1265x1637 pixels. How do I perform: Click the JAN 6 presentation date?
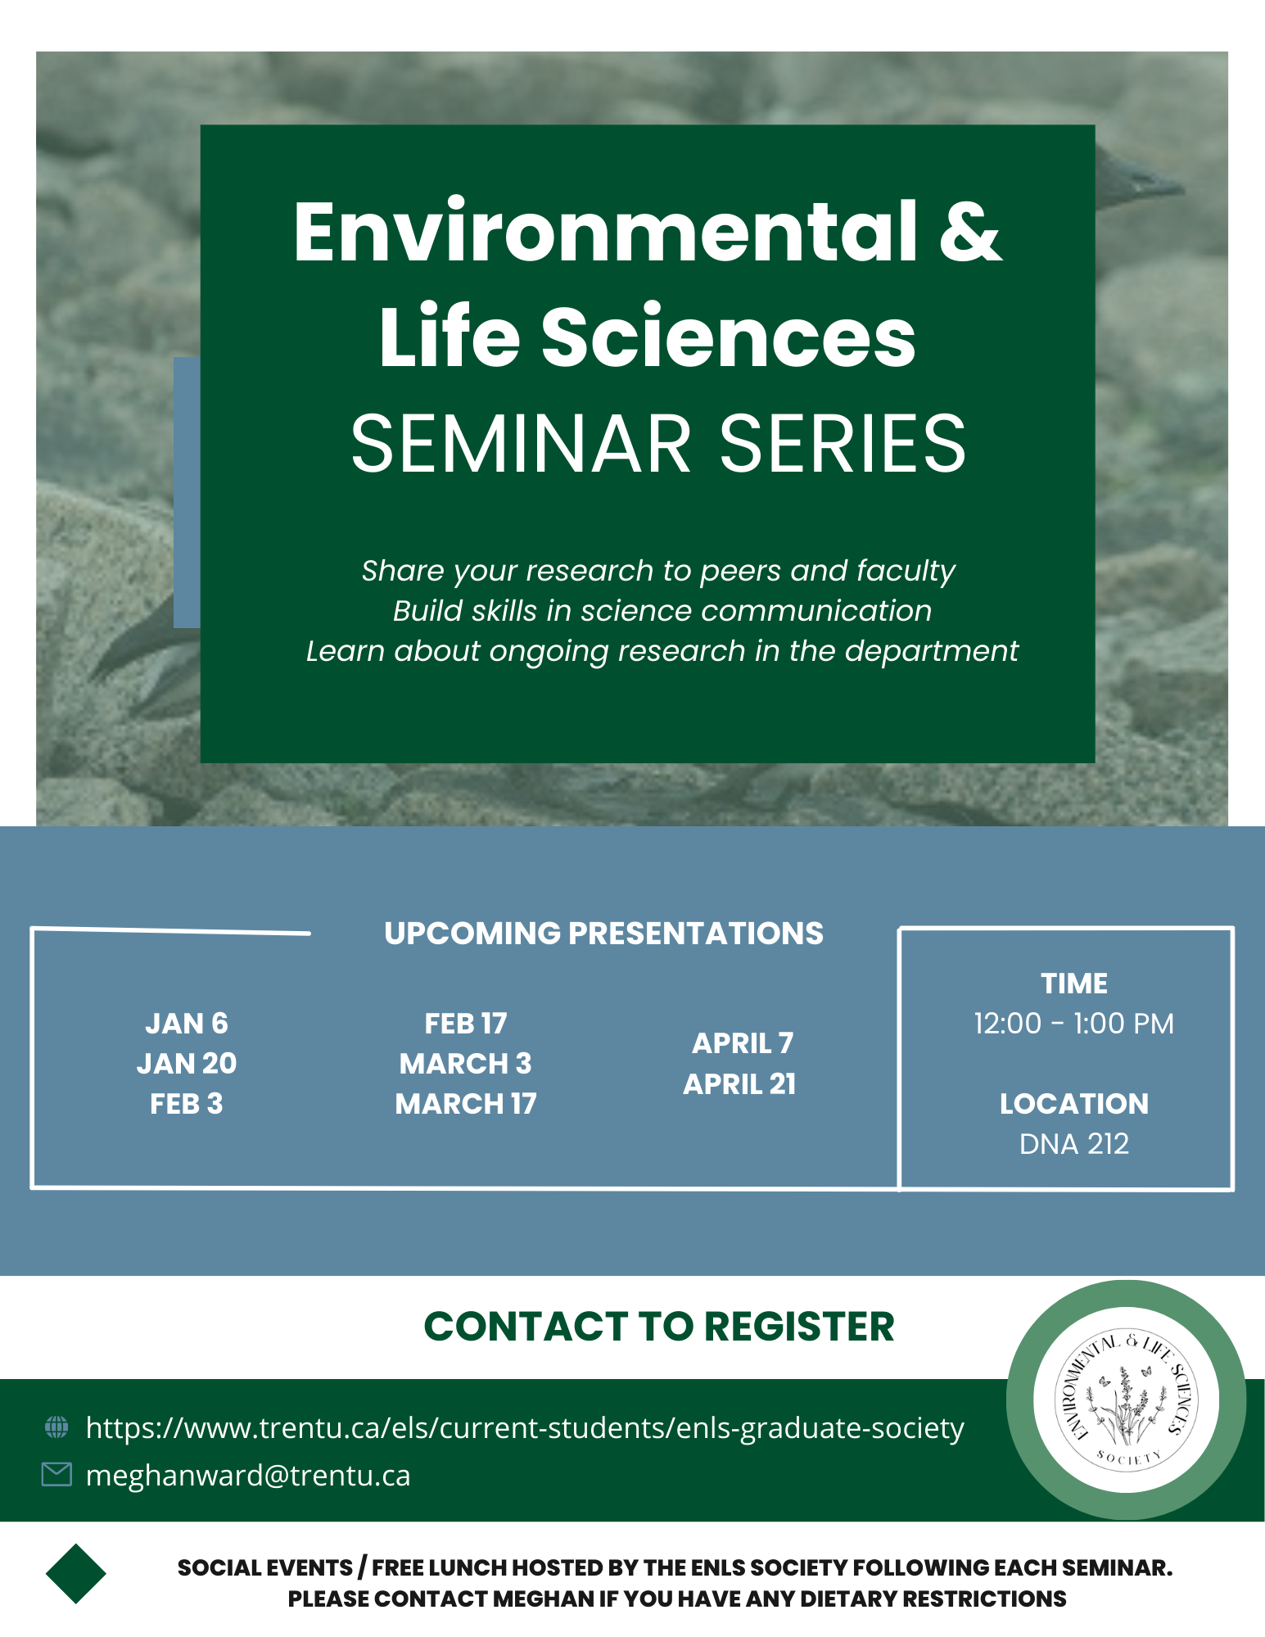187,1024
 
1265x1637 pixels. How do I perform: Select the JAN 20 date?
187,1064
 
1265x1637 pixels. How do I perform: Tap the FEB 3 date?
187,1104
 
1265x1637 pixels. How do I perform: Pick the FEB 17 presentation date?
466,1024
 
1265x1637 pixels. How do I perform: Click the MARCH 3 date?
466,1064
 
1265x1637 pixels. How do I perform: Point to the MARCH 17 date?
466,1104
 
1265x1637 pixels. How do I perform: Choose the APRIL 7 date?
743,1043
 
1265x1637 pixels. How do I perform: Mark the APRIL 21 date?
740,1084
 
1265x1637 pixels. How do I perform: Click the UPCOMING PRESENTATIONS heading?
604,934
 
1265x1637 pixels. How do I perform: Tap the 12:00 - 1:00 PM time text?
1073,1024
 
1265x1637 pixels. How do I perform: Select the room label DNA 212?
1073,1144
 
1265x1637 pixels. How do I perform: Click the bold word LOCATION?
1073,1104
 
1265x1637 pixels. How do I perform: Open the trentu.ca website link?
525,1428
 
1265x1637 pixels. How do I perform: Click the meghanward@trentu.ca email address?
248,1476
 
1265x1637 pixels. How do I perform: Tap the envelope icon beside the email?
56,1475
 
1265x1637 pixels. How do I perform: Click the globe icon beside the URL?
56,1427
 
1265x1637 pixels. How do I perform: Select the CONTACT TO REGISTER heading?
659,1327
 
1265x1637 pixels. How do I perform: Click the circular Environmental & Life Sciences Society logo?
1126,1400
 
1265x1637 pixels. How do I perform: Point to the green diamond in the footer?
76,1573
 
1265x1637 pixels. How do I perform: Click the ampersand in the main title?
970,233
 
